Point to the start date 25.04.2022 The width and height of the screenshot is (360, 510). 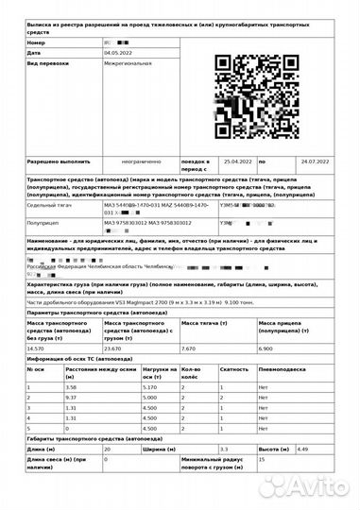coord(237,162)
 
